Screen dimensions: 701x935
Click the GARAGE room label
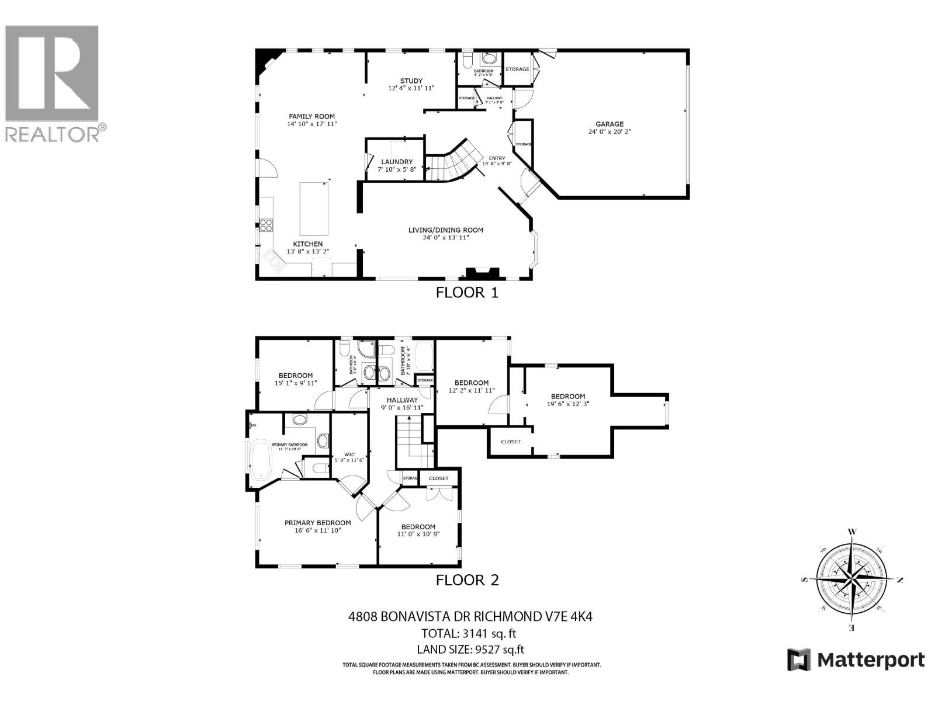pyautogui.click(x=610, y=124)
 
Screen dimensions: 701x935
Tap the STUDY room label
pyautogui.click(x=411, y=81)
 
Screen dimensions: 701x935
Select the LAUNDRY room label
pyautogui.click(x=397, y=162)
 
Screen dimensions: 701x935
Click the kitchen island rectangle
pyautogui.click(x=314, y=208)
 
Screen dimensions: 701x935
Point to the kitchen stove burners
pyautogui.click(x=266, y=224)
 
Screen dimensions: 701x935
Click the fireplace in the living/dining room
pyautogui.click(x=483, y=273)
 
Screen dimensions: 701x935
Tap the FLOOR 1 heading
pyautogui.click(x=467, y=293)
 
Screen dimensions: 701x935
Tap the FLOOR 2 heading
pyautogui.click(x=467, y=580)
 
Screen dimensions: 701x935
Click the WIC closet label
pyautogui.click(x=349, y=454)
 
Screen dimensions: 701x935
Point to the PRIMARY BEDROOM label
pyautogui.click(x=317, y=523)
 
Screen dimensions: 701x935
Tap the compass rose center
pyautogui.click(x=852, y=580)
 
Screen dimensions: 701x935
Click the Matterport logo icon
pyautogui.click(x=799, y=660)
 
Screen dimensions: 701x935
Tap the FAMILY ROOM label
pyautogui.click(x=311, y=116)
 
